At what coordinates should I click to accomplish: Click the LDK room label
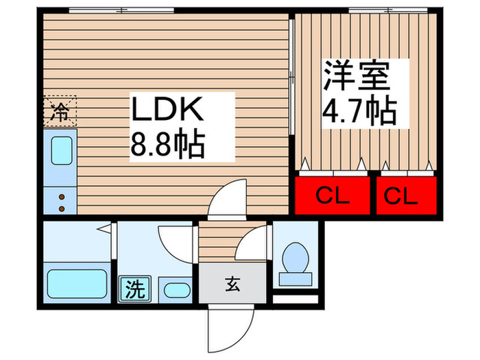[x=167, y=108]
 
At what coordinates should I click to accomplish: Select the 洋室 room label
[x=357, y=75]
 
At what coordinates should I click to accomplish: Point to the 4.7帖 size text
[x=359, y=110]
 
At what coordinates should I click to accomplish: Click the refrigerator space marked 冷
[x=60, y=111]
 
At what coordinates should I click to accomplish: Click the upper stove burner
[x=62, y=197]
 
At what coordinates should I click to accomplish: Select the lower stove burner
[x=62, y=209]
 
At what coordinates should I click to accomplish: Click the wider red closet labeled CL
[x=333, y=195]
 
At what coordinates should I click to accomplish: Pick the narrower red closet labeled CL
[x=407, y=195]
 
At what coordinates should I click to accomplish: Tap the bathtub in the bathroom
[x=77, y=283]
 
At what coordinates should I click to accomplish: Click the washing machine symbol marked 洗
[x=135, y=289]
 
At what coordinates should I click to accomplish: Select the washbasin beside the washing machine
[x=177, y=290]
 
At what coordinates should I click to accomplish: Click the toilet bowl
[x=296, y=257]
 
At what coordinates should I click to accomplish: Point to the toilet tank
[x=296, y=279]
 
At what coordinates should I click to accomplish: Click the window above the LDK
[x=121, y=10]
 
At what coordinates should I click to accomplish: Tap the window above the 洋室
[x=388, y=10]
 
